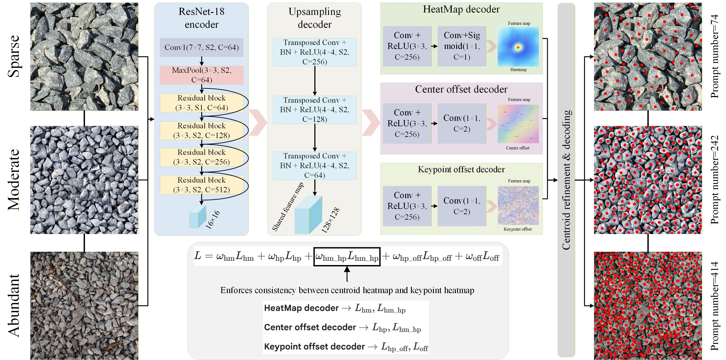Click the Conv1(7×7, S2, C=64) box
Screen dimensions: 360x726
202,47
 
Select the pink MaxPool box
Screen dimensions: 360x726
202,75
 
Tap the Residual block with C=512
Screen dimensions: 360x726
202,185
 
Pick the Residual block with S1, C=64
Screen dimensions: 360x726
202,103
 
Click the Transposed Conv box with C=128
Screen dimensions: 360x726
315,110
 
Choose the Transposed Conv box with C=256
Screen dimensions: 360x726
315,52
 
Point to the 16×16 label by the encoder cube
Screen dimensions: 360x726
213,219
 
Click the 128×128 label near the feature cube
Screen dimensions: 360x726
330,220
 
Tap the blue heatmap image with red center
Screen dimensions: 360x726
518,47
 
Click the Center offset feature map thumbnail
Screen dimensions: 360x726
518,124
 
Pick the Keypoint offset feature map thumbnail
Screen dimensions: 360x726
518,205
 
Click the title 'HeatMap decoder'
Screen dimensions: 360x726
461,9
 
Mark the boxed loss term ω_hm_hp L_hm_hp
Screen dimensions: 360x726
347,256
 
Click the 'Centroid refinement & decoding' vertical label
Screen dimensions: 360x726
566,180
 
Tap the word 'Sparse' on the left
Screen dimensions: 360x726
14,56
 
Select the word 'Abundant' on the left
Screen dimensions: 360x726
14,306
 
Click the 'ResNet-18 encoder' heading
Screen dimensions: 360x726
202,18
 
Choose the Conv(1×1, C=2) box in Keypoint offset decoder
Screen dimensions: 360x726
462,206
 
